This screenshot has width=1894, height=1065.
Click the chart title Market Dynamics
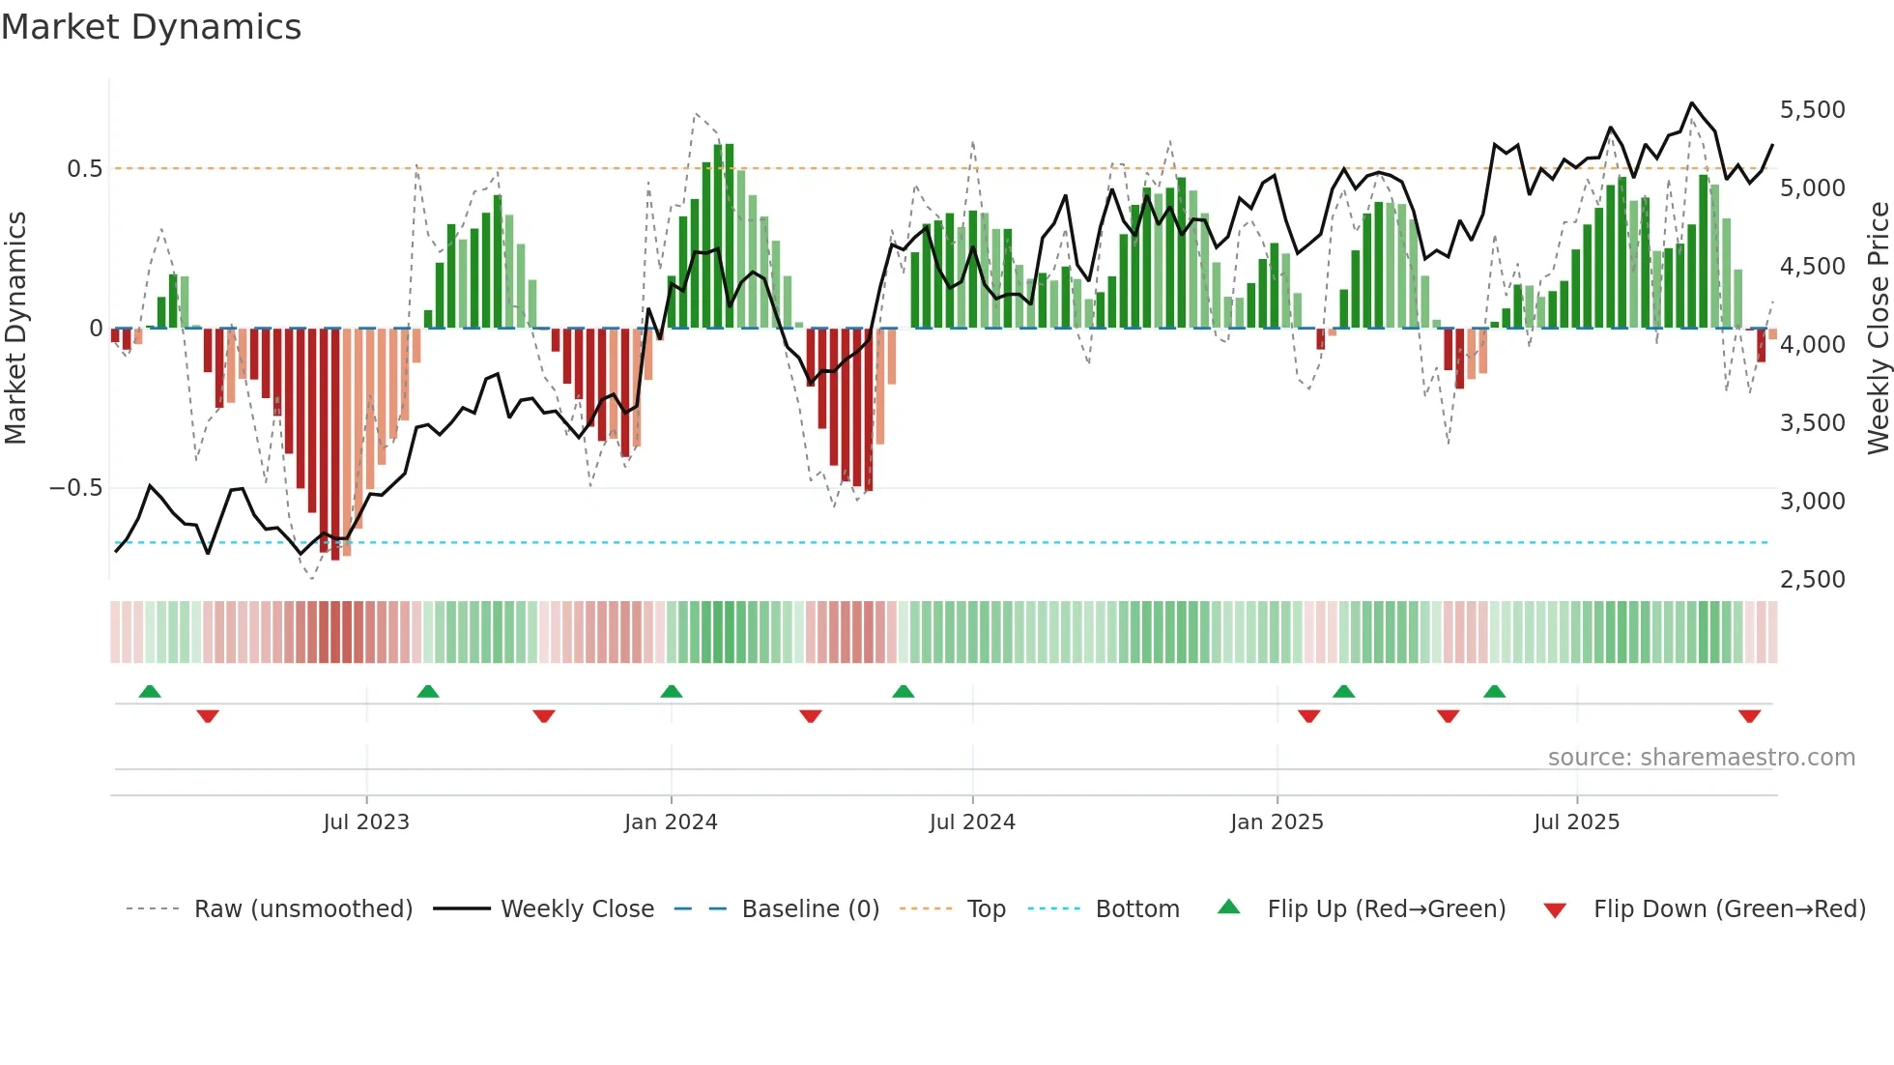point(151,27)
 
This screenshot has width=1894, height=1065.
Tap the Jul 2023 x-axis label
point(366,822)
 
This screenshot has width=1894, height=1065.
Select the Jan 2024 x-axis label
point(671,822)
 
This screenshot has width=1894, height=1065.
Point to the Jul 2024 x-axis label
point(972,822)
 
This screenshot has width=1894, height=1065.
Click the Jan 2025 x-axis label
point(1277,822)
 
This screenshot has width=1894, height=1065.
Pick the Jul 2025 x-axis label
point(1576,822)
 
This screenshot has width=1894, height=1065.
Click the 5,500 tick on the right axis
point(1812,110)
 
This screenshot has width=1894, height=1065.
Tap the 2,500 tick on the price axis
point(1812,580)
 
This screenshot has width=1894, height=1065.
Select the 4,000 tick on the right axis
point(1812,345)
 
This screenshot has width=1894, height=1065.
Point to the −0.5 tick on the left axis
point(75,488)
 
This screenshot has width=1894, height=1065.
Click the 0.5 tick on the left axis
point(84,169)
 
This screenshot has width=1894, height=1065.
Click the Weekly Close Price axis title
point(1878,329)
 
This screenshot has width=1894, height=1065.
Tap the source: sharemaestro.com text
point(1701,758)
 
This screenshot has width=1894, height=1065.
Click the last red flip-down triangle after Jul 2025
point(1749,716)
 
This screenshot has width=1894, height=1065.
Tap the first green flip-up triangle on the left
point(150,691)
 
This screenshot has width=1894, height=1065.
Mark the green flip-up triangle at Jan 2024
point(672,691)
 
